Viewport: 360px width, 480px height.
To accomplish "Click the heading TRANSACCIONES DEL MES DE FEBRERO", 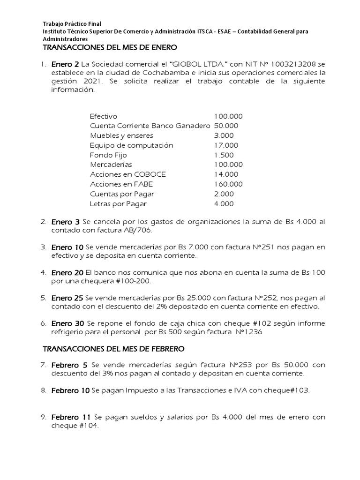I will (114, 349).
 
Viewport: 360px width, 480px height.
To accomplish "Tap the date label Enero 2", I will (65, 64).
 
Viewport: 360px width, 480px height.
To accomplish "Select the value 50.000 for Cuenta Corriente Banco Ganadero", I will (226, 126).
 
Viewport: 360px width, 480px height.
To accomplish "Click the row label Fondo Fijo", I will (108, 155).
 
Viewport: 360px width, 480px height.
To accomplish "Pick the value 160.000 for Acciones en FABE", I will (228, 184).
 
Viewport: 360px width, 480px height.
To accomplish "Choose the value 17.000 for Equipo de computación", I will (226, 145).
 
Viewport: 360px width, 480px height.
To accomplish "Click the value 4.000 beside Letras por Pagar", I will (224, 204).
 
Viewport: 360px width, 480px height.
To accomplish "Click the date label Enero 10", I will (67, 247).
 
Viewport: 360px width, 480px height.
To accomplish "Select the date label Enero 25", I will (67, 298).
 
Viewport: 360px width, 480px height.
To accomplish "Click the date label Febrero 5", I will (69, 365).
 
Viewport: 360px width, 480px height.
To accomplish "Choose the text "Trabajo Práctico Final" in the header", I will (72, 24).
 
